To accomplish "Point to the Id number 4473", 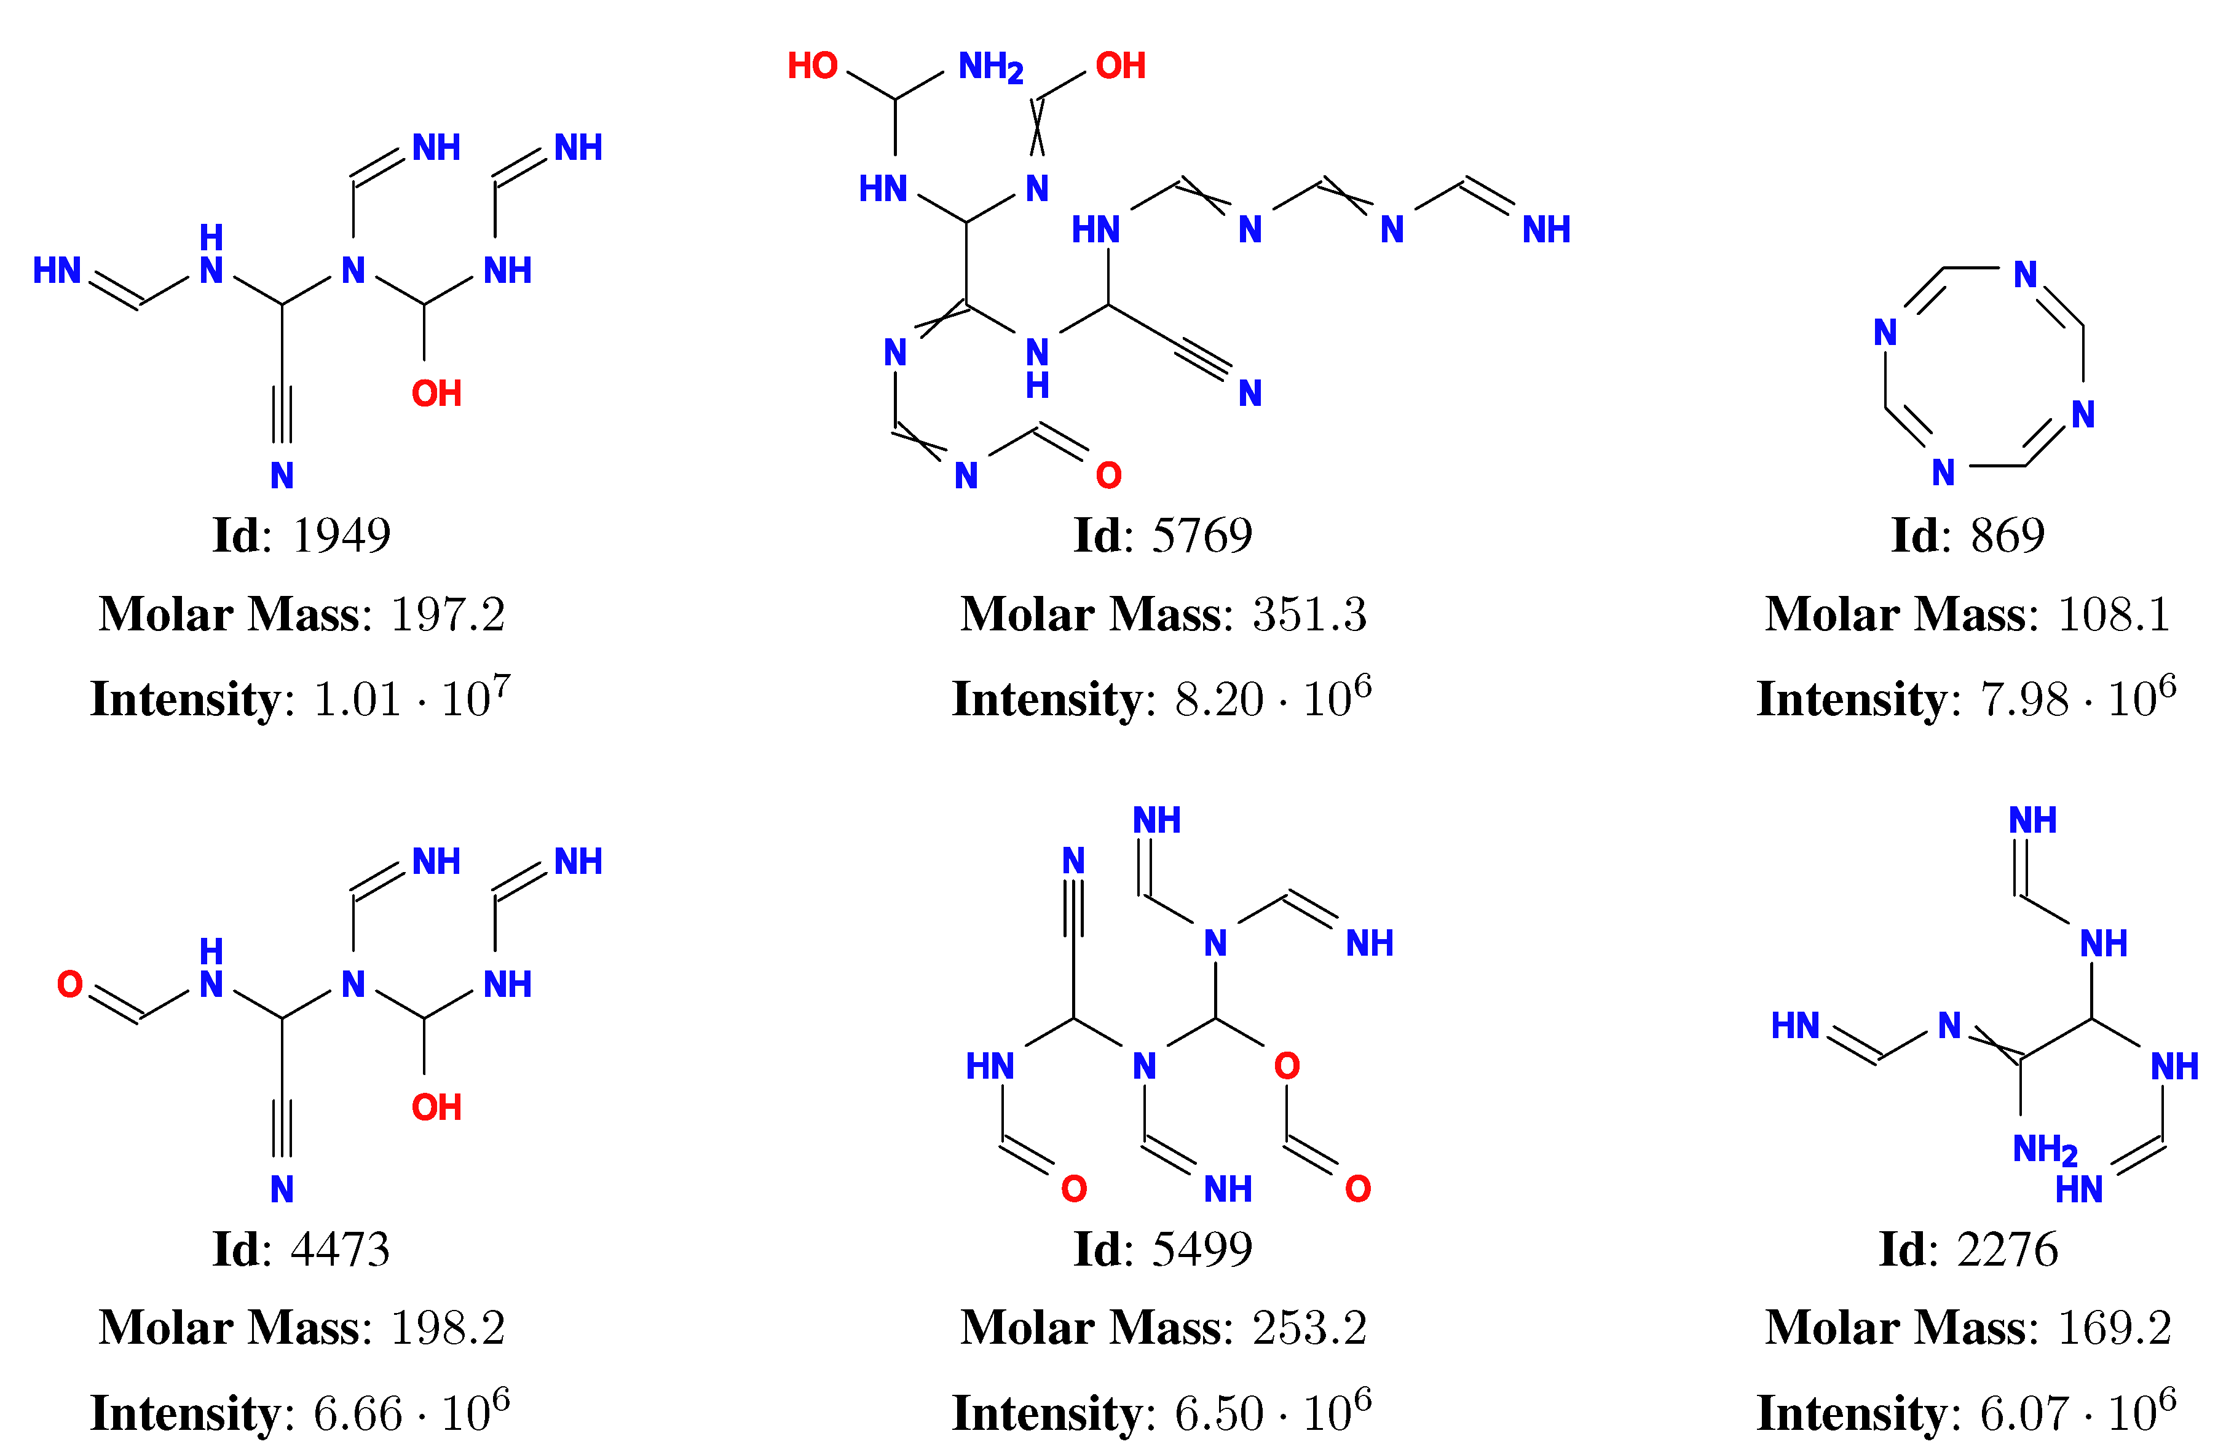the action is [x=341, y=1250].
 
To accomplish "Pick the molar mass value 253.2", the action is [x=1309, y=1328].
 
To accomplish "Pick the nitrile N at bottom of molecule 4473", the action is [x=282, y=1190].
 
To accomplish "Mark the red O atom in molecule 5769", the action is [x=1108, y=476].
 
